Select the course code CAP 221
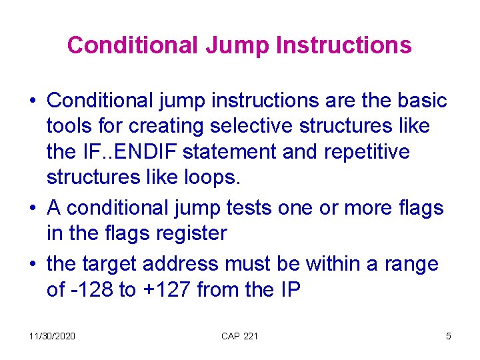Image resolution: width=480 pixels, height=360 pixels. [x=239, y=336]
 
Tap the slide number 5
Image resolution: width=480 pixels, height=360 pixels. [x=448, y=336]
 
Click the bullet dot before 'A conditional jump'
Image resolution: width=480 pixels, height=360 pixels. [x=33, y=209]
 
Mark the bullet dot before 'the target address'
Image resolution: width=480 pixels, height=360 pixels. [x=33, y=265]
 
